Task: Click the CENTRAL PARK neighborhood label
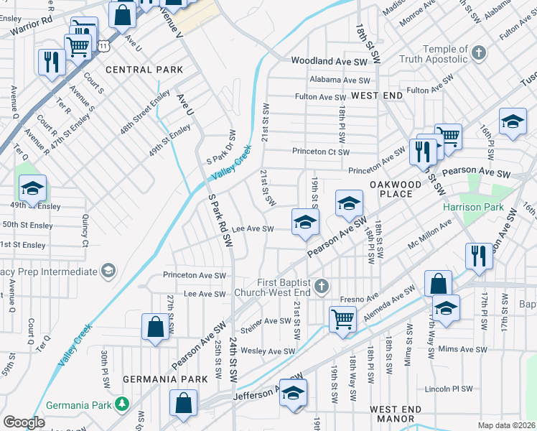tap(144, 70)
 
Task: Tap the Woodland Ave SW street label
tap(330, 62)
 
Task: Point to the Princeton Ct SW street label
tap(320, 152)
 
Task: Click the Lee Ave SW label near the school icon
tap(253, 229)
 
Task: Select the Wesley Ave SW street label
tap(268, 351)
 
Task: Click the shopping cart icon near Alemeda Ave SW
tap(342, 318)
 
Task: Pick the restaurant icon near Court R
tap(51, 61)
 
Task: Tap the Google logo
tap(24, 422)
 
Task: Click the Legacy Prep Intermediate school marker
tap(108, 271)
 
